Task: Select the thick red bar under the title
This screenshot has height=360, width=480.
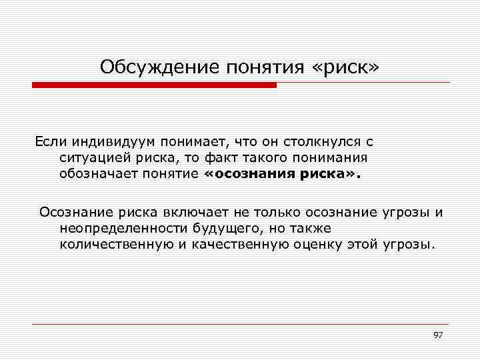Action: [x=155, y=85]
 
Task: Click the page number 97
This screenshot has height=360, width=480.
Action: [x=438, y=335]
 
